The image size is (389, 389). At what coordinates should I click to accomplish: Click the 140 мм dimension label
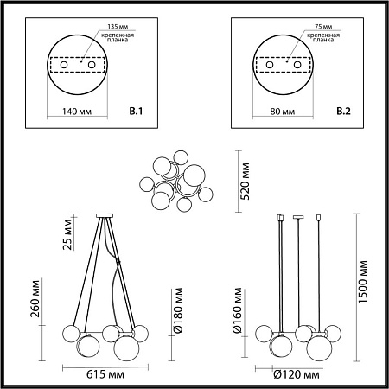click(77, 112)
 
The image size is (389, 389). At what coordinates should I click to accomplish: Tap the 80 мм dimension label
click(283, 112)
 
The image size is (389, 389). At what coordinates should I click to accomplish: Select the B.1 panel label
click(136, 111)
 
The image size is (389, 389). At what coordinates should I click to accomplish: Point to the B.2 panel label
click(343, 111)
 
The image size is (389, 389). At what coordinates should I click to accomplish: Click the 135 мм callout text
click(118, 27)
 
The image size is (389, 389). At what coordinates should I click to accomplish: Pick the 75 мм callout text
click(323, 27)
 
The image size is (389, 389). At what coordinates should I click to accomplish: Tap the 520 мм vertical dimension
click(245, 181)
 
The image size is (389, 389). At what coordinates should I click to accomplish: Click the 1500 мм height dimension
click(363, 282)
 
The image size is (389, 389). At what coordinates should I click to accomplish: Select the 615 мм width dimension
click(105, 374)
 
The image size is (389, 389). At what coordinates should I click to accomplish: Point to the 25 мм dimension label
click(67, 234)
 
